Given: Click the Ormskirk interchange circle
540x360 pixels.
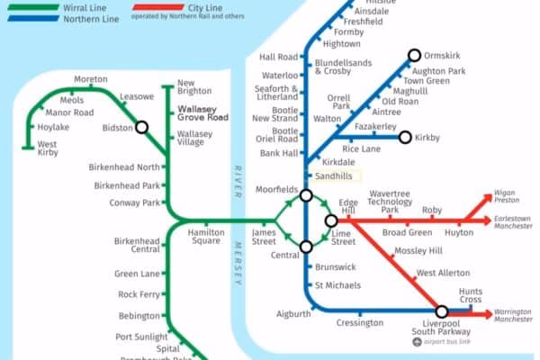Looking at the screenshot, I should [x=414, y=55].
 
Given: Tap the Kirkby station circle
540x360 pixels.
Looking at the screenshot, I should [x=405, y=138].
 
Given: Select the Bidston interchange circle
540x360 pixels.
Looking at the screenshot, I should [x=141, y=128].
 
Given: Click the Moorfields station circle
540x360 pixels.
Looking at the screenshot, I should [x=306, y=195].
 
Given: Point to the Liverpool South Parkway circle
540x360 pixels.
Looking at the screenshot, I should [x=442, y=311].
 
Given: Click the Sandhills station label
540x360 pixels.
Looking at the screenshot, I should [x=333, y=176].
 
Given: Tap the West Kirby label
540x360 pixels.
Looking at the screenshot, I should [x=48, y=149].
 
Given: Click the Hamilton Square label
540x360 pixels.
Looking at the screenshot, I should [x=205, y=237].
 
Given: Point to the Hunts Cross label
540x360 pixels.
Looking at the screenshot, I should [x=471, y=296].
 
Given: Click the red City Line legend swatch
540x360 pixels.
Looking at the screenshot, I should [x=150, y=7].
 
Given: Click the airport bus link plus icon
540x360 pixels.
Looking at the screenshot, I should [x=417, y=343].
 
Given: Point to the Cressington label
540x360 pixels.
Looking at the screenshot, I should [x=359, y=323].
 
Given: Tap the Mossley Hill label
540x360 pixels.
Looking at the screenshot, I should [x=418, y=250].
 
